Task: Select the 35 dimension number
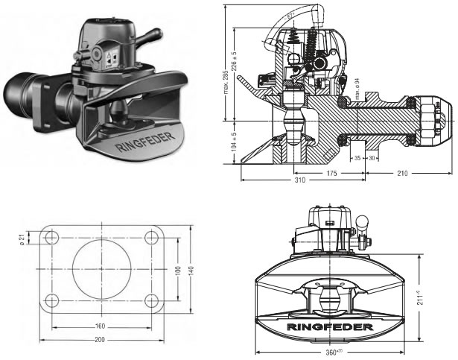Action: [x=357, y=159]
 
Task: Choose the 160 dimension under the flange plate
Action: [x=100, y=326]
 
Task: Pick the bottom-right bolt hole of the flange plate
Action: [x=150, y=300]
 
